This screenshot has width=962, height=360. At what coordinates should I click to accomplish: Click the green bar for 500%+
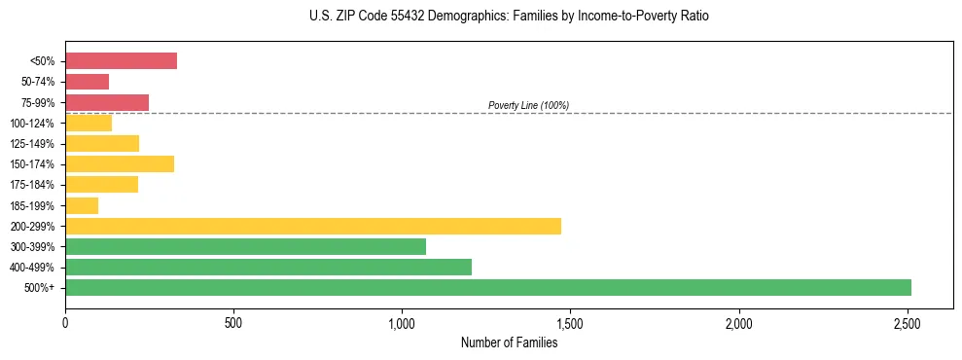tap(488, 287)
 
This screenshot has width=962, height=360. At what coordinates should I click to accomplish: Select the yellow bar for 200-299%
tap(313, 226)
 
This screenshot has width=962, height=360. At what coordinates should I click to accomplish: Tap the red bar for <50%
tap(121, 61)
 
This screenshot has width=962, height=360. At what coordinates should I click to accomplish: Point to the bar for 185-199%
tap(82, 205)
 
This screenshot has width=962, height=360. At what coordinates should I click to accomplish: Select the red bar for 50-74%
tap(87, 82)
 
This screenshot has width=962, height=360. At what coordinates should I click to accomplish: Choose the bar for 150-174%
tap(120, 163)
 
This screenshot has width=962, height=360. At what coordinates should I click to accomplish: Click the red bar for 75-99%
tap(107, 102)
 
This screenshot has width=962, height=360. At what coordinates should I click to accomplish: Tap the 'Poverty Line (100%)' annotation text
tap(528, 105)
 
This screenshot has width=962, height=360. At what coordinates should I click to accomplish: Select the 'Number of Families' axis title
tap(509, 342)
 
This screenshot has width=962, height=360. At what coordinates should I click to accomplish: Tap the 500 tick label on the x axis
tap(233, 322)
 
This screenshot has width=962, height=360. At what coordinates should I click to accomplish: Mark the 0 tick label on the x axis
tap(65, 322)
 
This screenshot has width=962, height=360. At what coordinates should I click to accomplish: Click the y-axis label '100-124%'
tap(33, 124)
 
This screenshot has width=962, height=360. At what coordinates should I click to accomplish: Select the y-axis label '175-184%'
tap(33, 185)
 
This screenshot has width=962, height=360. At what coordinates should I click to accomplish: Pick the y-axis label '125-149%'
tap(33, 144)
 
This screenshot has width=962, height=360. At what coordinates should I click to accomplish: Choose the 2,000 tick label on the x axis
tap(738, 322)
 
